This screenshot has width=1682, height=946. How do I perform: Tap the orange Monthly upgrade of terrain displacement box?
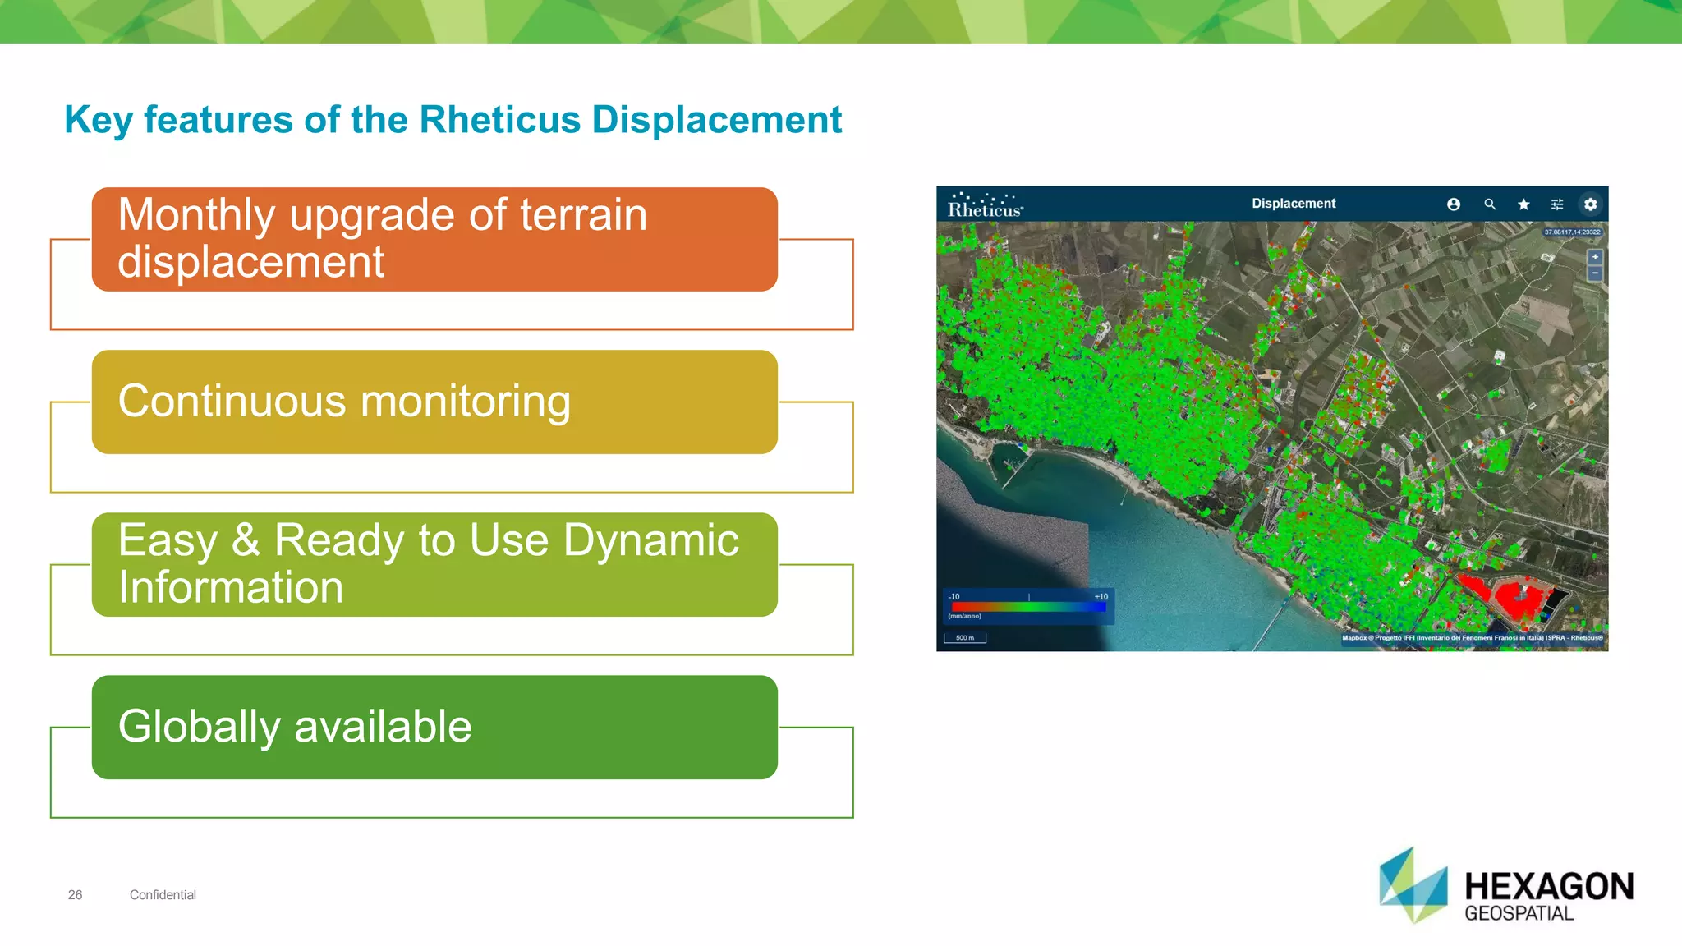[x=434, y=239]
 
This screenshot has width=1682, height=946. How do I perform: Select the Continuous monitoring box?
[x=434, y=402]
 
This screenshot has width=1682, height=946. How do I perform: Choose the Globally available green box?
[x=434, y=727]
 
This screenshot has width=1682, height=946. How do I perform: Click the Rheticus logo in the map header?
[x=985, y=206]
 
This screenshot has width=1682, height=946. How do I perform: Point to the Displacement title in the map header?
[x=1293, y=204]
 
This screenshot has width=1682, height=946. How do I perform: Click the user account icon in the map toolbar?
[x=1453, y=204]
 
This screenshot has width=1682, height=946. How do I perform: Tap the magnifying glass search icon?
[x=1489, y=204]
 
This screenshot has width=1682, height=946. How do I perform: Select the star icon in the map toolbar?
[x=1523, y=204]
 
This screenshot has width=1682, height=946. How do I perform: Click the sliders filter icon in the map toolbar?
[x=1556, y=204]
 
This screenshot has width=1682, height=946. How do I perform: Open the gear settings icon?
[x=1590, y=204]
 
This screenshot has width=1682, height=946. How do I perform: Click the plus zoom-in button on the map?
[x=1594, y=257]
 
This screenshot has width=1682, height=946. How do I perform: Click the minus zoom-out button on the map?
[x=1594, y=273]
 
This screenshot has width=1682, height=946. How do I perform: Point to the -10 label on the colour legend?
[x=954, y=597]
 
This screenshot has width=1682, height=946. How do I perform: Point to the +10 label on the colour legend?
[x=1101, y=597]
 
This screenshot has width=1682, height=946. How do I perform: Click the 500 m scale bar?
[x=965, y=638]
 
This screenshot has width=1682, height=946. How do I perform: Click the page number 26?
[x=75, y=895]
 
